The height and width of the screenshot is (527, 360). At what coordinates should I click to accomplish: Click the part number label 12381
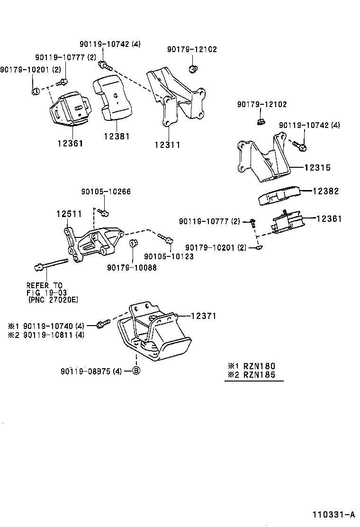click(117, 136)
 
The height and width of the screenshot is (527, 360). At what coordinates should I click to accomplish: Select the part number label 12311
click(167, 145)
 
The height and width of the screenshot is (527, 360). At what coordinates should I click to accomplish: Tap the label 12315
click(317, 168)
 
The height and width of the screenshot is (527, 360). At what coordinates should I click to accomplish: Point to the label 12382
click(326, 191)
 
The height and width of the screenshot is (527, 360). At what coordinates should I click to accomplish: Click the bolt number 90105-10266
click(106, 192)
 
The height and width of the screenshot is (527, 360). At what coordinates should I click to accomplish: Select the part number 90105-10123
click(169, 256)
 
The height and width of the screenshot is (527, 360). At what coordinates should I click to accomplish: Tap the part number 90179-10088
click(132, 267)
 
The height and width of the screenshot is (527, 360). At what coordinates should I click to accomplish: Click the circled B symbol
click(135, 371)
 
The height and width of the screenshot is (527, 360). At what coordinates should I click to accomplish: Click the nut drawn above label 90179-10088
click(133, 245)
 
